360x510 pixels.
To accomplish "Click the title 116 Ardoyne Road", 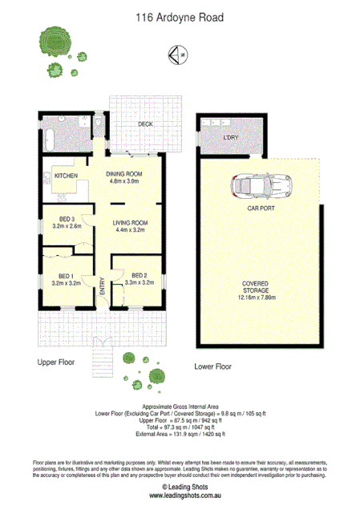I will pos(180,15).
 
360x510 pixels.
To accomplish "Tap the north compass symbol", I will pos(179,55).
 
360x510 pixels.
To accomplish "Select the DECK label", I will pos(145,124).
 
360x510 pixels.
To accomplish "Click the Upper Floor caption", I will pos(56,362).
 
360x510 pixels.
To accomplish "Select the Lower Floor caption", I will pos(213,366).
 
